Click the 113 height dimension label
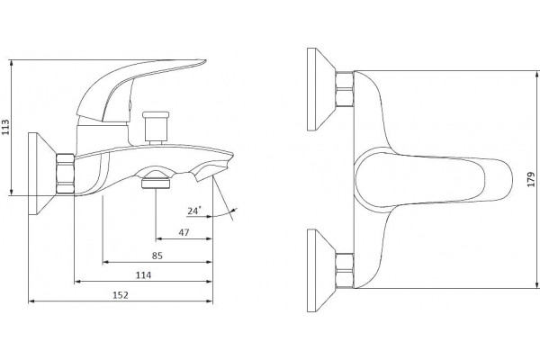tap(5, 127)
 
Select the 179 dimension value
tap(531, 179)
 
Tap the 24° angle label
tap(194, 211)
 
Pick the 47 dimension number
tap(184, 232)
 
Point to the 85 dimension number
tap(157, 256)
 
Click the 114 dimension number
tap(143, 275)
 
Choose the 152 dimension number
tap(121, 295)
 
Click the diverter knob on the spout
tap(156, 128)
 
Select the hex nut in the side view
tap(65, 174)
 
